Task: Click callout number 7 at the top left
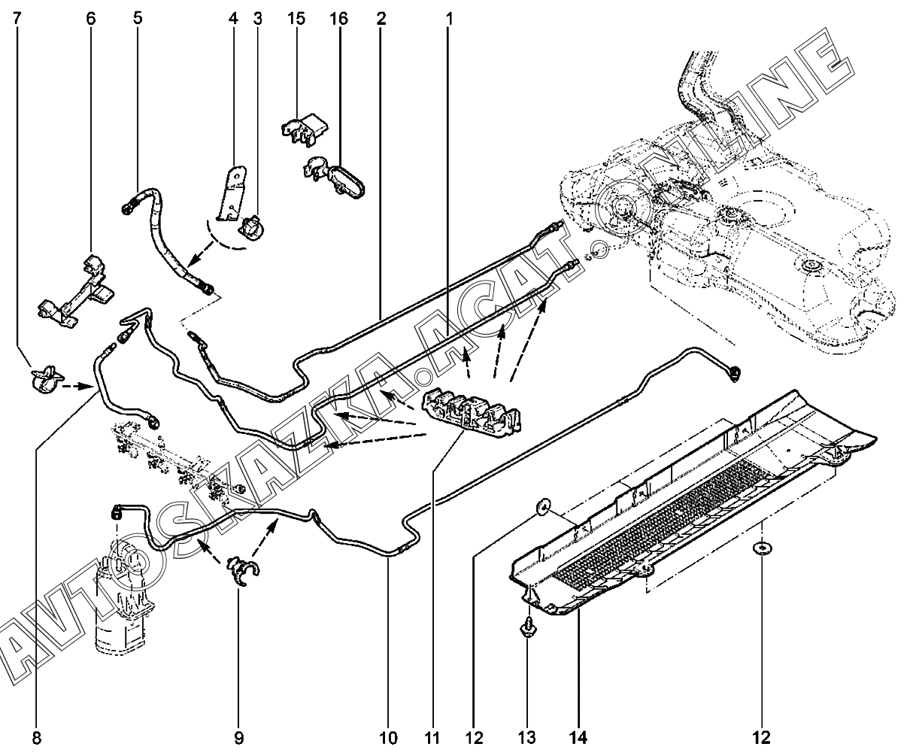(x=17, y=18)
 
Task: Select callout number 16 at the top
(x=338, y=18)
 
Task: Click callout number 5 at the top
(x=138, y=18)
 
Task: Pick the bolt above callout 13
(x=527, y=627)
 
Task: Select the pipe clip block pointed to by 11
(x=472, y=411)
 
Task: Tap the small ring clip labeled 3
(x=250, y=223)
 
